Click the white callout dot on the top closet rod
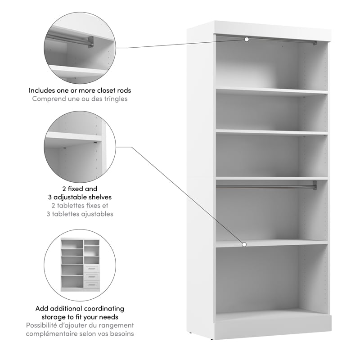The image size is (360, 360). coord(247,40)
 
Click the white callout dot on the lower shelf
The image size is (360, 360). coord(244,244)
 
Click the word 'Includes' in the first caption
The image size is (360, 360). coord(42,90)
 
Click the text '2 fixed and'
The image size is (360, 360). coord(80,189)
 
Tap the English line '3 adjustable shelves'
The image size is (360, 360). coord(80,197)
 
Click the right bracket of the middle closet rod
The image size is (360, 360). coord(315,185)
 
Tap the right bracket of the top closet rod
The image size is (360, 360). coord(315,43)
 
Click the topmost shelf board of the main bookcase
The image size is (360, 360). coord(271,91)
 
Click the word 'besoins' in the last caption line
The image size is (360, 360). coord(122,333)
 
